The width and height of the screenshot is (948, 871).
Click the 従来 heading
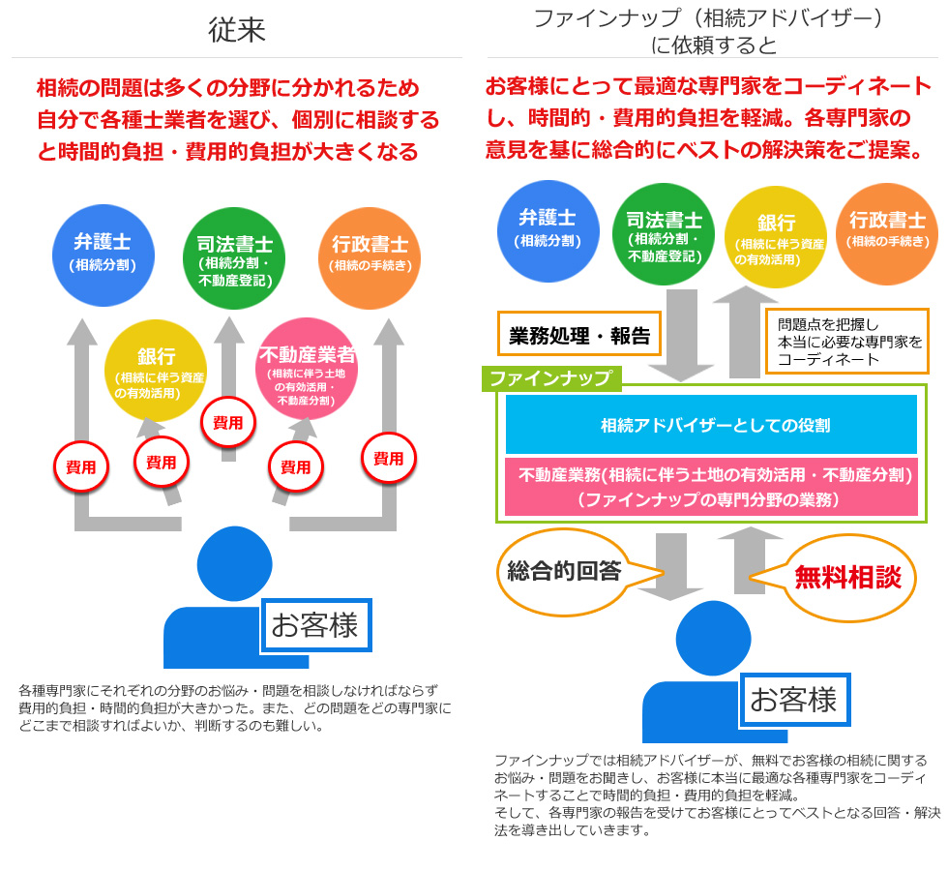tap(236, 31)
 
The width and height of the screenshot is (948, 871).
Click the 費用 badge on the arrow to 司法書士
tap(227, 422)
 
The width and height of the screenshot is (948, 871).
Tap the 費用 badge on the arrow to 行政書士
tap(389, 459)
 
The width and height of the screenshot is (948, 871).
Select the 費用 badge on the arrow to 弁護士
tap(79, 466)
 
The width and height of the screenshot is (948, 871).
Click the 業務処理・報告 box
tap(578, 336)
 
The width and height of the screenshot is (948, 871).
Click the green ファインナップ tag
tap(550, 377)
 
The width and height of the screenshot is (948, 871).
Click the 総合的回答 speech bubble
tap(564, 571)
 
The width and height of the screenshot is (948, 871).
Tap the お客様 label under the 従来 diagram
tap(315, 625)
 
